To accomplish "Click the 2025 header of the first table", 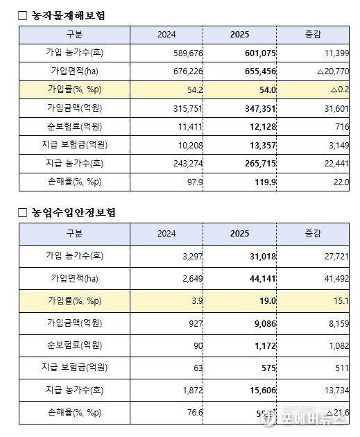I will pos(239,34).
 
